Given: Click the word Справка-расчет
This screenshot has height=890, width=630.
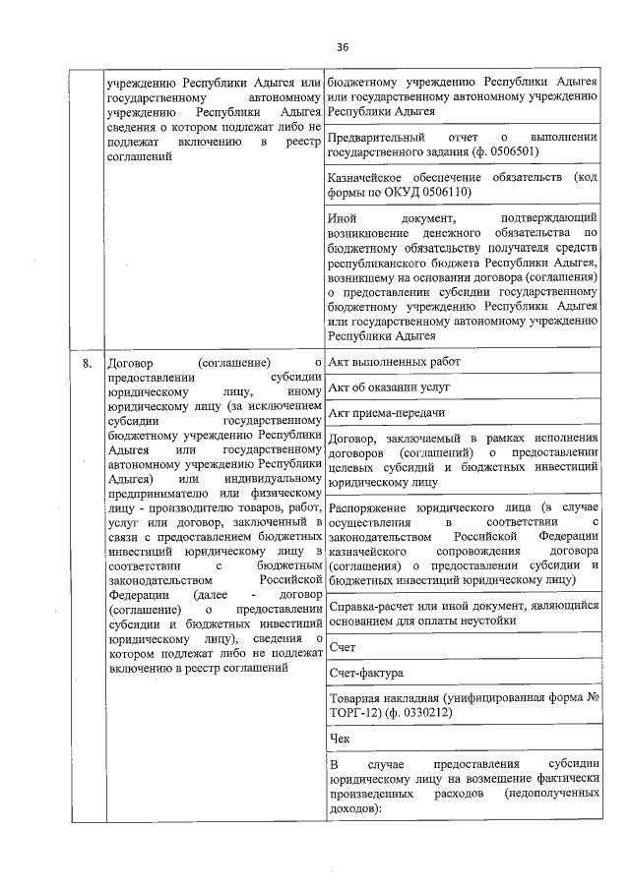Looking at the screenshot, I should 371,608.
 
